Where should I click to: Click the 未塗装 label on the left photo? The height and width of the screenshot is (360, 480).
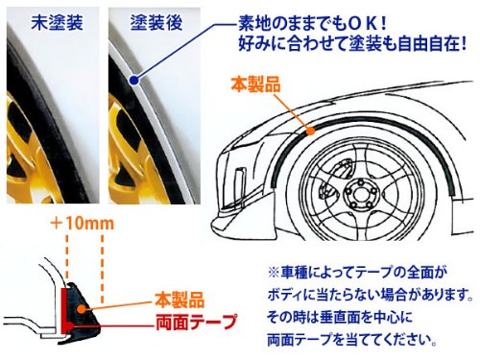coord(58,22)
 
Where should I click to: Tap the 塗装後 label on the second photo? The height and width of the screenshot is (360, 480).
coord(156,22)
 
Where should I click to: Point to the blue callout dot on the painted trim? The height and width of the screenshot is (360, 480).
coord(134,81)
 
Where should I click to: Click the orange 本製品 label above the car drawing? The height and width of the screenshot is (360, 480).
coord(255,84)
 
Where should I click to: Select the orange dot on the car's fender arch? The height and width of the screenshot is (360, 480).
coord(310,131)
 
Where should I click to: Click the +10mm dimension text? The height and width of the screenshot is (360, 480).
coord(83,223)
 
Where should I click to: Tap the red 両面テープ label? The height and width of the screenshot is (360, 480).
coord(196,322)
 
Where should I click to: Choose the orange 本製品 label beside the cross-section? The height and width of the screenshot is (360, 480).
coord(180,300)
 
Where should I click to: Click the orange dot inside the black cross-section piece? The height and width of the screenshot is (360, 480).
coord(82,308)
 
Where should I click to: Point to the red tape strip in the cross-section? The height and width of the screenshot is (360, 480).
coord(64,310)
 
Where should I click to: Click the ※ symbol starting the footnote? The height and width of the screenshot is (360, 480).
coord(274,273)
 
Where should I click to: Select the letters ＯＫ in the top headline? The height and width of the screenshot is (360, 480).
coord(364,23)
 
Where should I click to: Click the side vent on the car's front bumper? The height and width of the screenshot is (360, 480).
coord(239,180)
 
